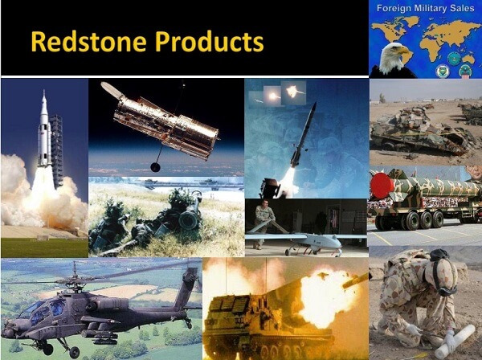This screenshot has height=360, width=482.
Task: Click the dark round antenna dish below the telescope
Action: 155,166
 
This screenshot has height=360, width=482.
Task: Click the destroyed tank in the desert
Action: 418,133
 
